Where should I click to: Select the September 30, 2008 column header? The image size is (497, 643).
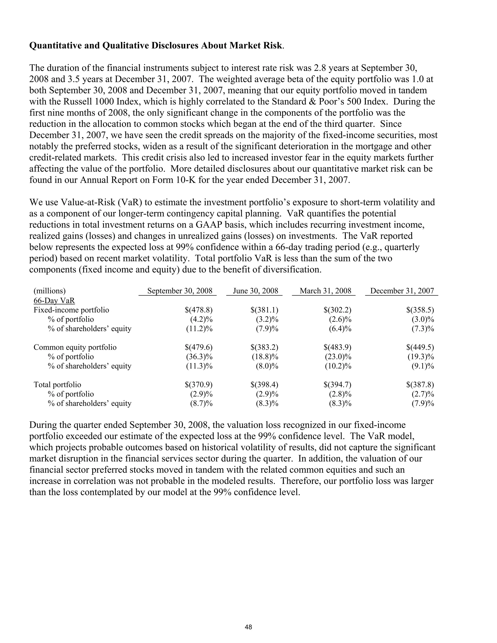(x=180, y=291)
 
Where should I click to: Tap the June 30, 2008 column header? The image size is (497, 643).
(x=255, y=291)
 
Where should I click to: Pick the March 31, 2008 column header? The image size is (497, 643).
(x=325, y=291)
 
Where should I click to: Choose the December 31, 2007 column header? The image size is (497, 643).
(x=402, y=291)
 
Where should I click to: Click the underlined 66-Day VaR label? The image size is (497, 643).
(x=54, y=301)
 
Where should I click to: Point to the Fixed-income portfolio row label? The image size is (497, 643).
(x=71, y=310)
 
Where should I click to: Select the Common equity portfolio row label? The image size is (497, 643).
(x=75, y=347)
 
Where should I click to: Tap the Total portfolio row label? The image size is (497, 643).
(x=58, y=385)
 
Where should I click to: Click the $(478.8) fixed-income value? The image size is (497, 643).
(x=199, y=310)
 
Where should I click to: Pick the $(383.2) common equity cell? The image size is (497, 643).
(x=265, y=347)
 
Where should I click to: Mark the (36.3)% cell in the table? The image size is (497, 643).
(x=199, y=357)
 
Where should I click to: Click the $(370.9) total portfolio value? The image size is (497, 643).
(x=199, y=385)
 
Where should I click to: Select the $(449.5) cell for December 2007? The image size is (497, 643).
(x=420, y=347)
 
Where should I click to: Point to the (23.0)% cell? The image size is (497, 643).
(x=338, y=357)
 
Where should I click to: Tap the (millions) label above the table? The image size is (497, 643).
(x=50, y=291)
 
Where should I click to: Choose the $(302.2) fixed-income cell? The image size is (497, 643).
(x=337, y=310)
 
